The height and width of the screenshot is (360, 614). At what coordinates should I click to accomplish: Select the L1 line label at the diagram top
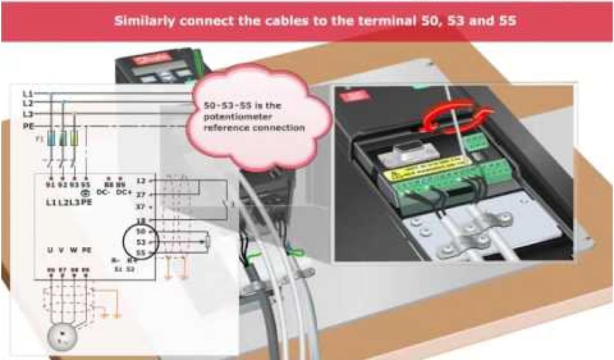(x=28, y=94)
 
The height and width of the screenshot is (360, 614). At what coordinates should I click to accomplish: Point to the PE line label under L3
(x=28, y=126)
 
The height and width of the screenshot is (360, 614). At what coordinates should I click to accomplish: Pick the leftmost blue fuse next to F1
(x=51, y=139)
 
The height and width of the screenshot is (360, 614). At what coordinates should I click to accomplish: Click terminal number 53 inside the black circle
(x=142, y=241)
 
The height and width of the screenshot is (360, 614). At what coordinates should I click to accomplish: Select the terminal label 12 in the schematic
(x=142, y=180)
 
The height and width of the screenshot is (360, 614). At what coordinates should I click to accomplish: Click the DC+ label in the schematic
(x=123, y=192)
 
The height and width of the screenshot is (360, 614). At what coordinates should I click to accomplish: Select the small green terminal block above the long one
(x=475, y=142)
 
